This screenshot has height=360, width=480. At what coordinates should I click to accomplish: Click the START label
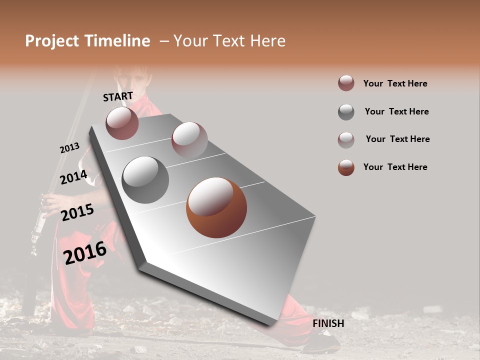[x=118, y=96]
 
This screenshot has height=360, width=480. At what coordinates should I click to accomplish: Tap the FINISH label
[x=328, y=323]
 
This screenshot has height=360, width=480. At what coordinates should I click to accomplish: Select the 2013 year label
[x=69, y=148]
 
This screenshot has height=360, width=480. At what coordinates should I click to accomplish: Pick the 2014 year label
[x=73, y=177]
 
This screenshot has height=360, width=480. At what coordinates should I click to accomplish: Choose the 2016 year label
[x=85, y=253]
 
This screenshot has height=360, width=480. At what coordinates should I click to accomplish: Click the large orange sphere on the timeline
[x=216, y=207]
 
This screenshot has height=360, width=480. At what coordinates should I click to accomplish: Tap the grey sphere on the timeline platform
[x=145, y=180]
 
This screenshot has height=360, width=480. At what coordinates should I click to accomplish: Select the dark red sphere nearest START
[x=122, y=123]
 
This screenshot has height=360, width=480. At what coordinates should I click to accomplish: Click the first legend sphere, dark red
[x=346, y=83]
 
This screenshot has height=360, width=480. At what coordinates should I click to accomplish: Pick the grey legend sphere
[x=346, y=111]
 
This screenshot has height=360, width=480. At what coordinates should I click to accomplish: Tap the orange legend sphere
[x=346, y=167]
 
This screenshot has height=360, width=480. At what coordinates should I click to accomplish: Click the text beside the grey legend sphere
[x=396, y=111]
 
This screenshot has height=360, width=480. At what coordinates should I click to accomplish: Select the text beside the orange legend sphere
[x=395, y=167]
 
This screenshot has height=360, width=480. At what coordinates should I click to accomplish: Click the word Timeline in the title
[x=114, y=41]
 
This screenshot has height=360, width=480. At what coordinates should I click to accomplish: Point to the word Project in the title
[x=51, y=41]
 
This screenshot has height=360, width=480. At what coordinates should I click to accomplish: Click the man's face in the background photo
[x=131, y=80]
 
